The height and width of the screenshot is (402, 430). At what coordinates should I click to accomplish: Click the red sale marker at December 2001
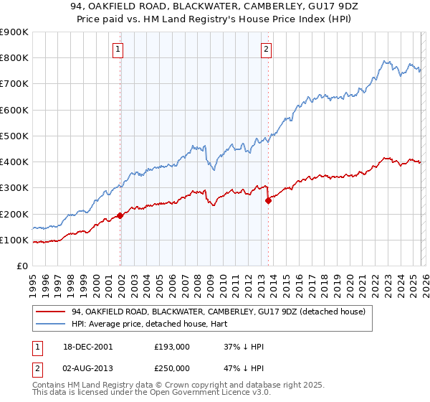click(x=120, y=215)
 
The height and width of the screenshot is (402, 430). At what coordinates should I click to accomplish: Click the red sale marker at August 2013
click(x=268, y=201)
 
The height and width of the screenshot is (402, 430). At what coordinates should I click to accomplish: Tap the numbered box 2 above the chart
click(x=266, y=50)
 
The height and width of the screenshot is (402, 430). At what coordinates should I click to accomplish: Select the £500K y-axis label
click(x=14, y=136)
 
